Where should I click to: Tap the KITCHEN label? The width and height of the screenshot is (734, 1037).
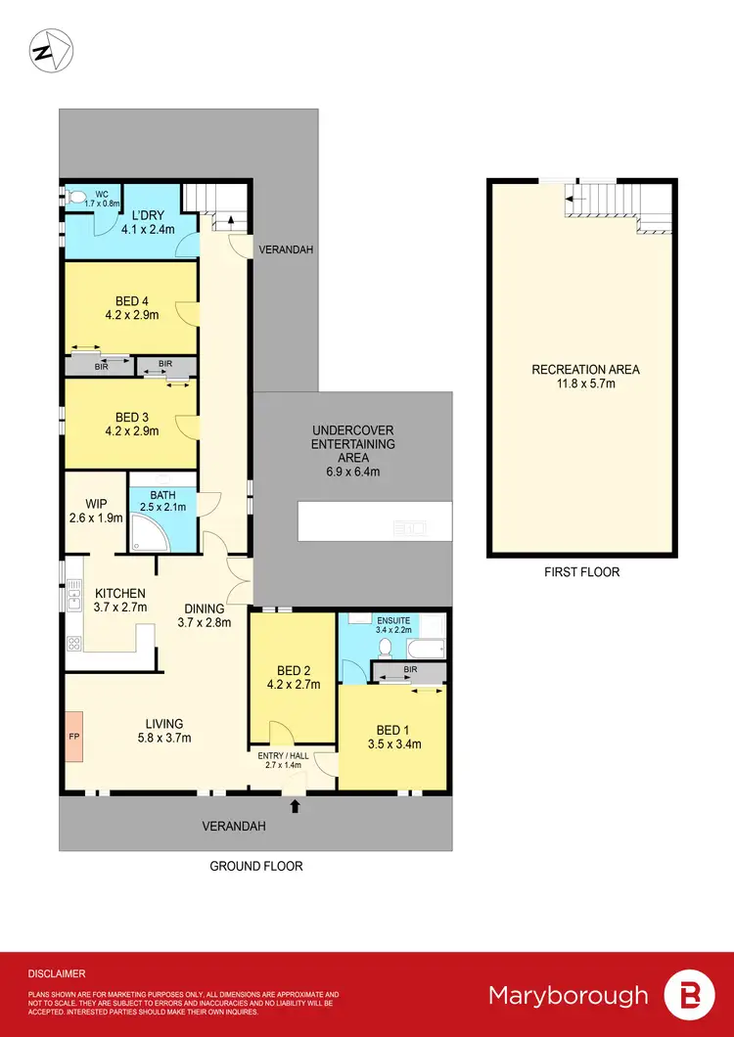pos(119,593)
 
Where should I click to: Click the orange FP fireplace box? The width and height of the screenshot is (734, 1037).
pos(73,734)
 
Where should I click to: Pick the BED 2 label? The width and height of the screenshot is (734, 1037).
pos(294,670)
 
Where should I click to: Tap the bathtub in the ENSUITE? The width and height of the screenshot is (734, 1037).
pos(427,647)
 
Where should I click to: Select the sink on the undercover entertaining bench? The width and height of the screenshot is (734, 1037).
pos(409,528)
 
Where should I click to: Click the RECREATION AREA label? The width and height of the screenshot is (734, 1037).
pos(585,369)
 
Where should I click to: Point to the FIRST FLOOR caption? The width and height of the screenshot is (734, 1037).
pos(583,571)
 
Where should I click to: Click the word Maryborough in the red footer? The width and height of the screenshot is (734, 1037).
pos(569,996)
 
